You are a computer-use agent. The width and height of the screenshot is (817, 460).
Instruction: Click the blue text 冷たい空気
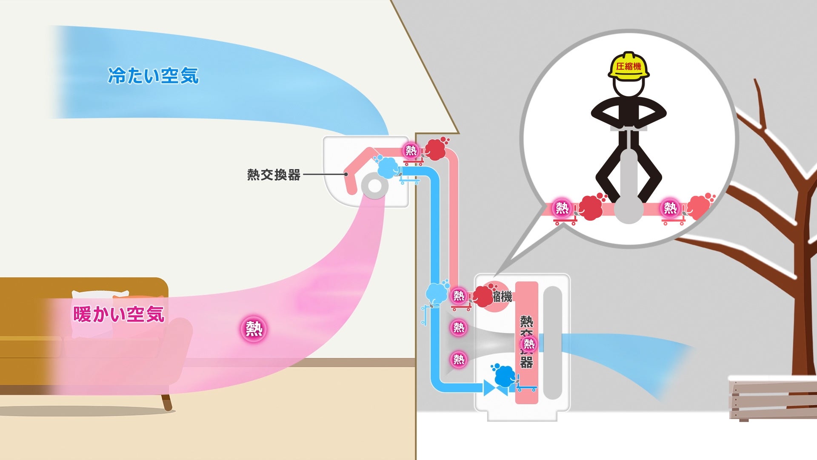(153, 76)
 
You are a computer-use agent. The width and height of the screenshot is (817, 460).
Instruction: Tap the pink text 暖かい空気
(119, 314)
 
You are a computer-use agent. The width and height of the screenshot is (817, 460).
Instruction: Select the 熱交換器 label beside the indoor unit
(274, 175)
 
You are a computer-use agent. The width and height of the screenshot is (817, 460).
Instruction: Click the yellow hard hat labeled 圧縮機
(629, 66)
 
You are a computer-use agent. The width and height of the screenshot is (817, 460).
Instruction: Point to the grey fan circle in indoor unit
(375, 186)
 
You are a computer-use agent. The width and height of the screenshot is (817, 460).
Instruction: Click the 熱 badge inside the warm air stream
(254, 328)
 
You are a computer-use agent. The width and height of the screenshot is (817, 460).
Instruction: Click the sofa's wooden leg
(167, 402)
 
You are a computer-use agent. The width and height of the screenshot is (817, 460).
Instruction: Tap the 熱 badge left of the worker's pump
(562, 208)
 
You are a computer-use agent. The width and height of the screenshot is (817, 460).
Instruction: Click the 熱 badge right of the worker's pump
(670, 208)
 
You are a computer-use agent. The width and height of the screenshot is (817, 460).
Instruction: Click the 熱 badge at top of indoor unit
(411, 150)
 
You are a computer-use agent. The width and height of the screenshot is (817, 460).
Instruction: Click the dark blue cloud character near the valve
(505, 376)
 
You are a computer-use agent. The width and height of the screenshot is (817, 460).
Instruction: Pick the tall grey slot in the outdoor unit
(553, 343)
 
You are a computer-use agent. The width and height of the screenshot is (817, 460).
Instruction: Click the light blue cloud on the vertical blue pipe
(437, 293)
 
